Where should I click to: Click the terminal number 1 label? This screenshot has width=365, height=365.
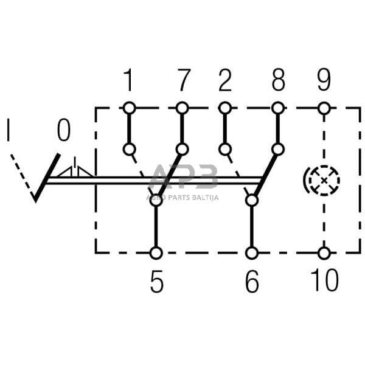pos(128,80)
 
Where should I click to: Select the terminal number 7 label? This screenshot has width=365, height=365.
pos(182,80)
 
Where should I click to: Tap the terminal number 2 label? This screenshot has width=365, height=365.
pos(226,80)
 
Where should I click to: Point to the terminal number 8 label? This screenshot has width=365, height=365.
pos(278,80)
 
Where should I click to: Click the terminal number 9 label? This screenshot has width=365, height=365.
pos(324,80)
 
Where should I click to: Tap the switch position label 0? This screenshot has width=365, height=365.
pos(63,130)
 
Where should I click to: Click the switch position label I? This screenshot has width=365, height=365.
pos(9,131)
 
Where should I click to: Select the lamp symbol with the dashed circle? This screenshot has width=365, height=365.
pos(323,179)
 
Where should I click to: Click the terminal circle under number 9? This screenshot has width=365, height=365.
pos(324,108)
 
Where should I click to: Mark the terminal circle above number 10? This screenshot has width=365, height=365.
pos(324,252)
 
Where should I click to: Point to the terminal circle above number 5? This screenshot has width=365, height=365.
pos(156,252)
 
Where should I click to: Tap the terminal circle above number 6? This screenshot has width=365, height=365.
pos(251,252)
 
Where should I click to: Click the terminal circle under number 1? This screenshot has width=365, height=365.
pos(128,108)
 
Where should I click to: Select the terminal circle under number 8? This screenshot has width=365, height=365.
pos(278,108)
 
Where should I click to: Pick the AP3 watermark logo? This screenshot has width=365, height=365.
pos(182,178)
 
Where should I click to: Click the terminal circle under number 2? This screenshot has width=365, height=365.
pos(226,108)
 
